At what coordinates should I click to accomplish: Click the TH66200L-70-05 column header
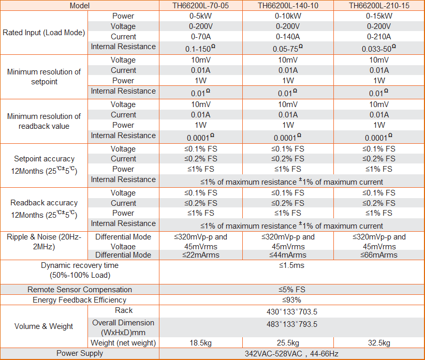200,6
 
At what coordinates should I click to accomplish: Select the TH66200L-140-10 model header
288,6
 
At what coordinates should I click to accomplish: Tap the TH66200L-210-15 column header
379,6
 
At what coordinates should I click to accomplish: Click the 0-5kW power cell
200,16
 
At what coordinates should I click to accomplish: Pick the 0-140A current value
288,37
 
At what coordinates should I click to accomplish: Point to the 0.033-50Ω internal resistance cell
379,48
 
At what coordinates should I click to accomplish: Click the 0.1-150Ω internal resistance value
200,48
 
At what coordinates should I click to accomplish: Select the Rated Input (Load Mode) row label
44,32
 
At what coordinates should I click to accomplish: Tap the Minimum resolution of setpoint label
44,77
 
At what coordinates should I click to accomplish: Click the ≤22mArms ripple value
200,255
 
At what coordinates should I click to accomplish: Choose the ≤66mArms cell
379,255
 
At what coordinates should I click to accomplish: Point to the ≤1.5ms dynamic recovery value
291,265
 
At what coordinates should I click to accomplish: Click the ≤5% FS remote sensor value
291,290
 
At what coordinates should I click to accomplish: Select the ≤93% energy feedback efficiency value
291,300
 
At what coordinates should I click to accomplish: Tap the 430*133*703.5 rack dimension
291,312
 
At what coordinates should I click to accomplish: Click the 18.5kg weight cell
200,343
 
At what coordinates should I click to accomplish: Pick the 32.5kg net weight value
379,343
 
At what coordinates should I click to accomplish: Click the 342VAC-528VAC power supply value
291,354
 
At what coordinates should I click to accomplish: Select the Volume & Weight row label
44,326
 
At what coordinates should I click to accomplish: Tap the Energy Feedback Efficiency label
79,300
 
